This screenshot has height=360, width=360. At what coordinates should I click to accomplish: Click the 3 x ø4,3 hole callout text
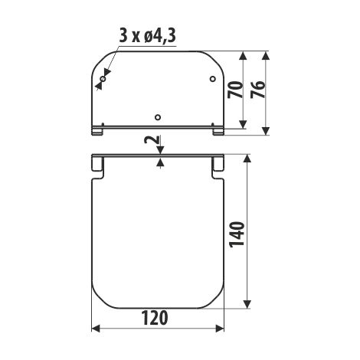(x=148, y=36)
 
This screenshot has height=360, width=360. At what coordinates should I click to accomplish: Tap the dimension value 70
(x=235, y=90)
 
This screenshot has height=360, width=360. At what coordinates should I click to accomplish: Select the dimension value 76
(x=257, y=90)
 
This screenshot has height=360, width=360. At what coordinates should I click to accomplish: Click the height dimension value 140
(x=237, y=234)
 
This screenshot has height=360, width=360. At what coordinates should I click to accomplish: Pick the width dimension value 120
(x=155, y=318)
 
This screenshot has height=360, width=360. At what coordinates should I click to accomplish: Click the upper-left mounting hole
(x=103, y=79)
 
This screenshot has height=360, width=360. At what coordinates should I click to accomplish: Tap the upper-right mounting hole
(x=212, y=79)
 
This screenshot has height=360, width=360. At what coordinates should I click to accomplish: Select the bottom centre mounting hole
(x=158, y=117)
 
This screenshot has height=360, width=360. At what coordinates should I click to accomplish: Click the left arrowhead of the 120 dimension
(x=96, y=329)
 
